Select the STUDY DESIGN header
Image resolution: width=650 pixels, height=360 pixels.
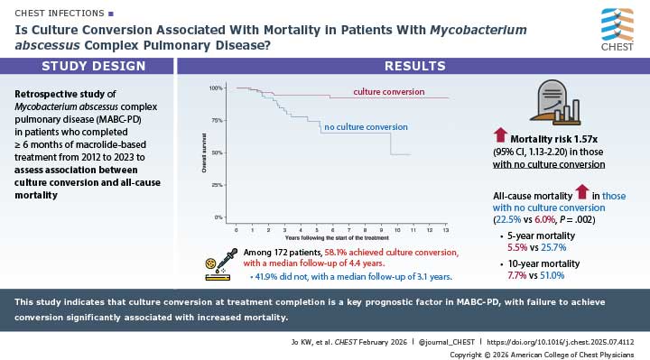[87, 66]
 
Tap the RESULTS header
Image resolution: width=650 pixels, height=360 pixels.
[413, 66]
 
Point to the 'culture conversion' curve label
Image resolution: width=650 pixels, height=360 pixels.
[366, 92]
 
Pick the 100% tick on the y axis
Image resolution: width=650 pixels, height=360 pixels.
[216, 88]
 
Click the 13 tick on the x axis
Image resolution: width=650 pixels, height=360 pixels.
[444, 231]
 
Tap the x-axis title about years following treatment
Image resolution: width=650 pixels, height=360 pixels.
[336, 239]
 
